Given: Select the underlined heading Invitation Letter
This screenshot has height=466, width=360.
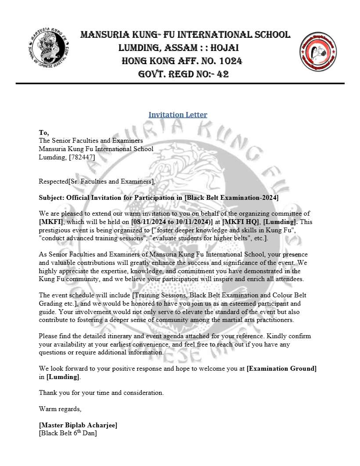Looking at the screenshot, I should point(178,115).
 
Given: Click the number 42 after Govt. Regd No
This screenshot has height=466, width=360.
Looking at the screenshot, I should point(223,74).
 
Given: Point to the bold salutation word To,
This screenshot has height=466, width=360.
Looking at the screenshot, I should point(44,133).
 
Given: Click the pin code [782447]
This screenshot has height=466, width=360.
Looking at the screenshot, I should point(79,157).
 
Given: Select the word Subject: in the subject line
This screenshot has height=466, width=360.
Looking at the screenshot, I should point(51,198).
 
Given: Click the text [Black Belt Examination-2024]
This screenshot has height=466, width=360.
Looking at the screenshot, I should point(231,198).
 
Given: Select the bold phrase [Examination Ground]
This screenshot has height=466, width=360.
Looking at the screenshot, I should point(281,368).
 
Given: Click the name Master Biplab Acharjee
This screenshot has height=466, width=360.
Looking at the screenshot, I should point(78,425).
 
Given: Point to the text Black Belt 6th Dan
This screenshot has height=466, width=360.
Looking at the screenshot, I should point(68,433).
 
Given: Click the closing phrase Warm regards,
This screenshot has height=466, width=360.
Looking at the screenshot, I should point(60,409).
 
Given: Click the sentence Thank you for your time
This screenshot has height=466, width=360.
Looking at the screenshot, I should point(101,393).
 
